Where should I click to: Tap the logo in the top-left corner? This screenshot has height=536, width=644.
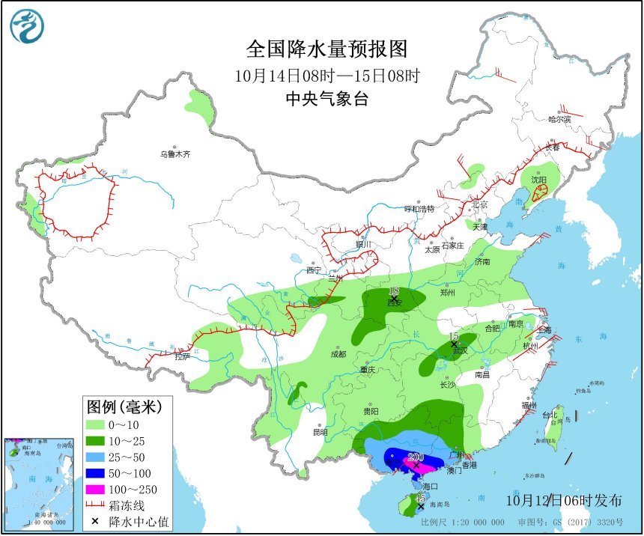[27, 27]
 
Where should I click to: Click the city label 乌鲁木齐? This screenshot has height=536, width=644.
[174, 154]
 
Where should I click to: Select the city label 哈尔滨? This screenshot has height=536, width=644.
[559, 119]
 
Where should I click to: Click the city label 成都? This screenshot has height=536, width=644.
[337, 354]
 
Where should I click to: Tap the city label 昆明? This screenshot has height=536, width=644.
[320, 432]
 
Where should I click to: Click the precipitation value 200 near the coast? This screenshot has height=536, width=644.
[416, 457]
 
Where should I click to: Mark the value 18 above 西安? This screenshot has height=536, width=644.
[395, 290]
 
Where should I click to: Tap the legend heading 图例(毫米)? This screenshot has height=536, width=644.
[124, 407]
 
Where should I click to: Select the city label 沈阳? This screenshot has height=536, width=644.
[539, 180]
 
